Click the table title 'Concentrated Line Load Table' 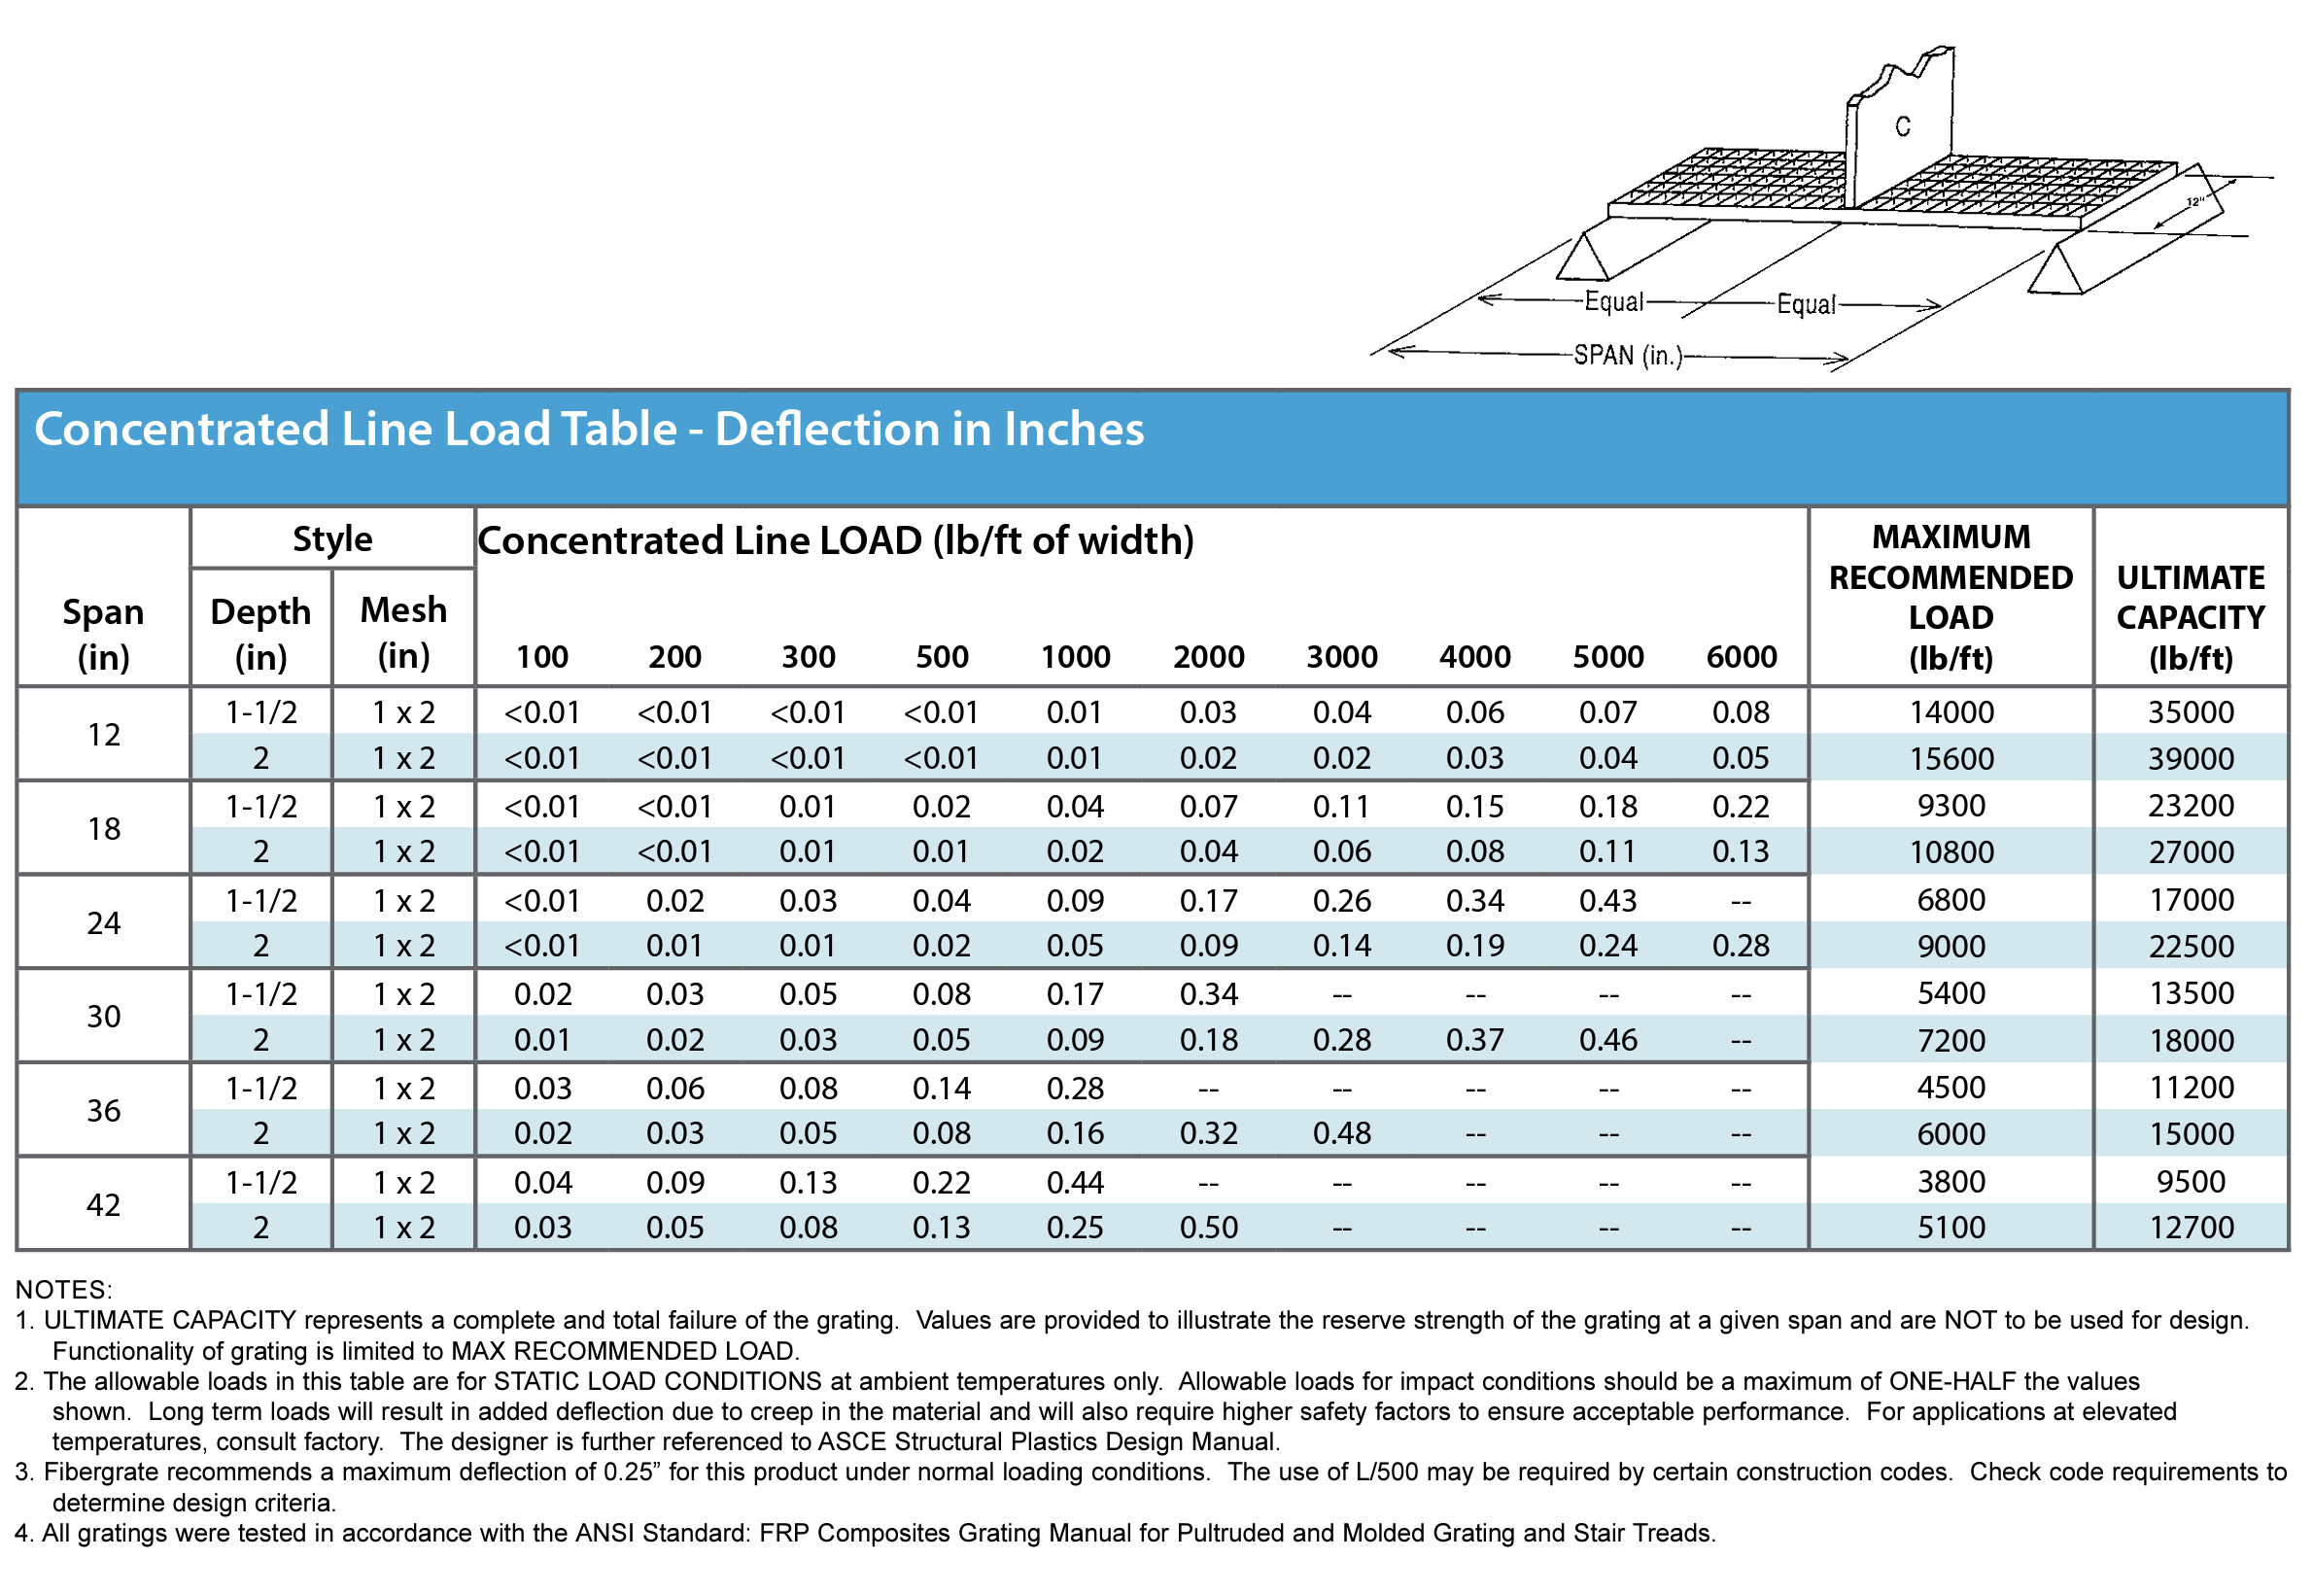click(589, 430)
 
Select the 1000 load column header click(1076, 657)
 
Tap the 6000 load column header click(1742, 657)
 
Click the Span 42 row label click(104, 1205)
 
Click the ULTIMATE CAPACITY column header click(2191, 617)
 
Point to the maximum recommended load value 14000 click(1951, 713)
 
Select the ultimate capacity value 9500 click(2191, 1183)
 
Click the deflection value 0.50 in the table click(1208, 1229)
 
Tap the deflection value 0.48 click(1341, 1134)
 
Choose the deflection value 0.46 click(1607, 1041)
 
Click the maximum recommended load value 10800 click(1951, 853)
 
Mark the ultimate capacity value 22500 click(2191, 947)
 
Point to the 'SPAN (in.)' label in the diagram click(1628, 356)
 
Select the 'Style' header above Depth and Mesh click(332, 539)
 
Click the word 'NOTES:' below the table click(64, 1290)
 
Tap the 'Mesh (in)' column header click(403, 632)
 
